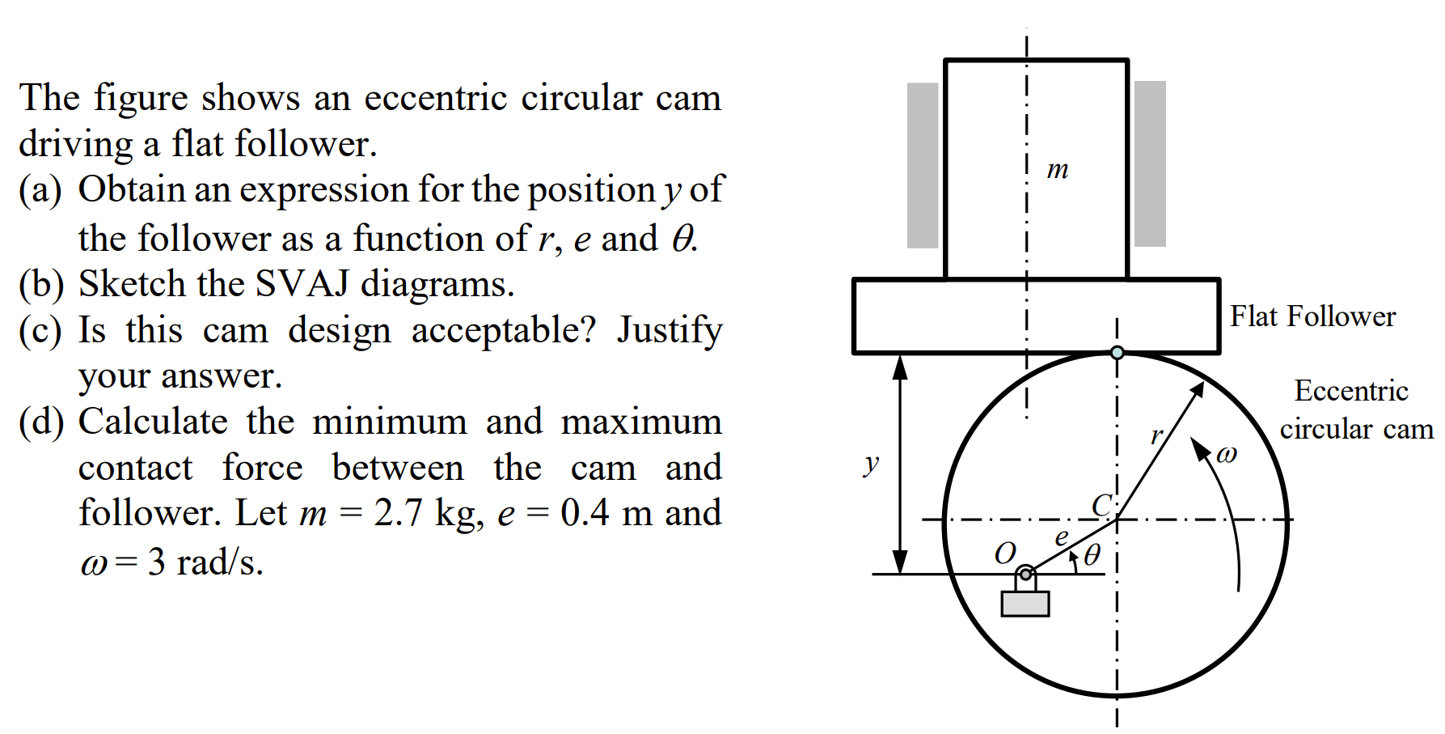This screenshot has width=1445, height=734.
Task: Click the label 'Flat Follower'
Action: [x=1312, y=316]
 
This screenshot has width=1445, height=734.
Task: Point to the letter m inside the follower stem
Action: [x=1057, y=170]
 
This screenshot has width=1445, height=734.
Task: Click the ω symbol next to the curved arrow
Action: [x=1226, y=455]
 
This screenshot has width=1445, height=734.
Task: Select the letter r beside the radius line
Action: [x=1156, y=435]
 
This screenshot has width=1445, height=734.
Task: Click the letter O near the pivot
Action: [x=1004, y=554]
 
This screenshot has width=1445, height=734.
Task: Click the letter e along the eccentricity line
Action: [x=1062, y=537]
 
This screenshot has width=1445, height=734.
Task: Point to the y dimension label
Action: [x=871, y=464]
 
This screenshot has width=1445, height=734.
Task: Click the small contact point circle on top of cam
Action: [x=1118, y=353]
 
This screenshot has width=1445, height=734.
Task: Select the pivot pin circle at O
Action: [x=1025, y=575]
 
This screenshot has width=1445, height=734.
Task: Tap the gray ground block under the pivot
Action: [x=1025, y=604]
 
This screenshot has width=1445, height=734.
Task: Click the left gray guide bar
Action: [x=923, y=165]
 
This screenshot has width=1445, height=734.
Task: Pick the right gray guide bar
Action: [x=1150, y=164]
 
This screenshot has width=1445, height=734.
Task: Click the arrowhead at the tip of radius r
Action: [x=1198, y=389]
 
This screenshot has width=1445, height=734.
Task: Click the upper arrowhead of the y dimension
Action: [x=899, y=367]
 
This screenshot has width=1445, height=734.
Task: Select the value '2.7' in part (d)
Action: [x=397, y=513]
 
